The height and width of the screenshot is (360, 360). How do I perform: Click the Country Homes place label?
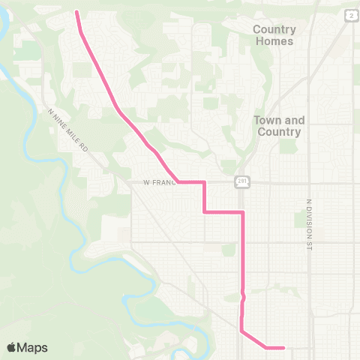274,35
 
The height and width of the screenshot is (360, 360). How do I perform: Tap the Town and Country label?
278,126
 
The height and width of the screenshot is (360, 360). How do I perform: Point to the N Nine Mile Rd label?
68,129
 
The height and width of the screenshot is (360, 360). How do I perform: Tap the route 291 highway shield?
244,181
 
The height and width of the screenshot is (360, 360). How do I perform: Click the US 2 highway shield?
351,15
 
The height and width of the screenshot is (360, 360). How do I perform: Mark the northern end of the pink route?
77,12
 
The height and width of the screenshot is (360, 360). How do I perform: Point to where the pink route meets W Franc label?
178,181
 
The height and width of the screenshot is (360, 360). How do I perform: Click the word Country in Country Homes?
274,29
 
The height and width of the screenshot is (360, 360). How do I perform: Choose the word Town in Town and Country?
266,120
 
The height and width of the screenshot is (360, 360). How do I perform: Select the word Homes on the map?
274,41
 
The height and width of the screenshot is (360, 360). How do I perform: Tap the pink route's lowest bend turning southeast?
241,329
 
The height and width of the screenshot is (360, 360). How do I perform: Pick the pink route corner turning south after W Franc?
205,182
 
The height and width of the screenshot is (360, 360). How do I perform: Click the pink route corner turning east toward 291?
205,212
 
